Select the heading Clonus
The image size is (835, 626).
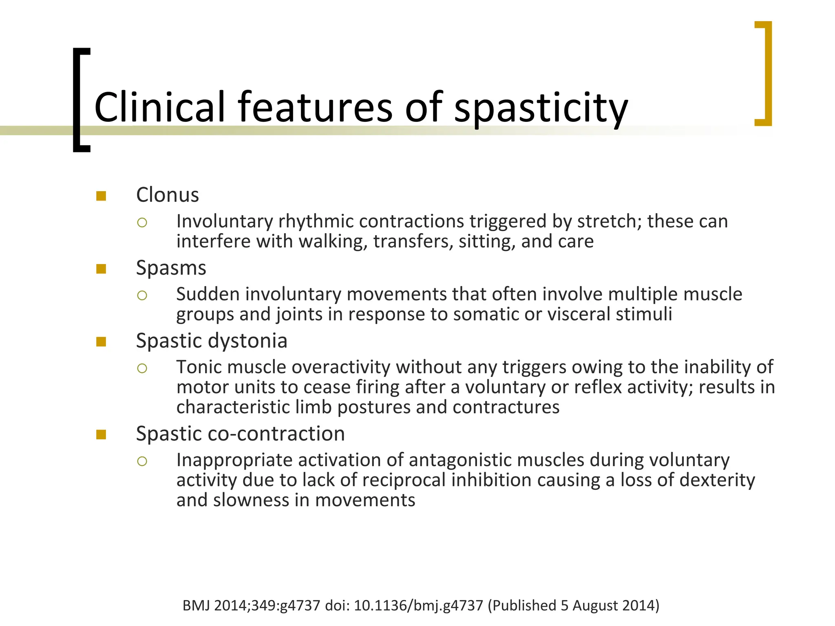coord(167,195)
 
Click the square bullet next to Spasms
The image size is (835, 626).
coord(101,269)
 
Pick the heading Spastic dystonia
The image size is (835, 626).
coord(212,341)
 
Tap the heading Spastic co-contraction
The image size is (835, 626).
coord(240,434)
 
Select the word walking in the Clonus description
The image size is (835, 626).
coord(330,242)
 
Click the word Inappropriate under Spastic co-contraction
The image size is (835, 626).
coord(234,460)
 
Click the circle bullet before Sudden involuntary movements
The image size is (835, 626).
coord(142,295)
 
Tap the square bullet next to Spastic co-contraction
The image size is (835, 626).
coord(101,434)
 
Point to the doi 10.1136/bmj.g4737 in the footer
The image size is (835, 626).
coord(418,606)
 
